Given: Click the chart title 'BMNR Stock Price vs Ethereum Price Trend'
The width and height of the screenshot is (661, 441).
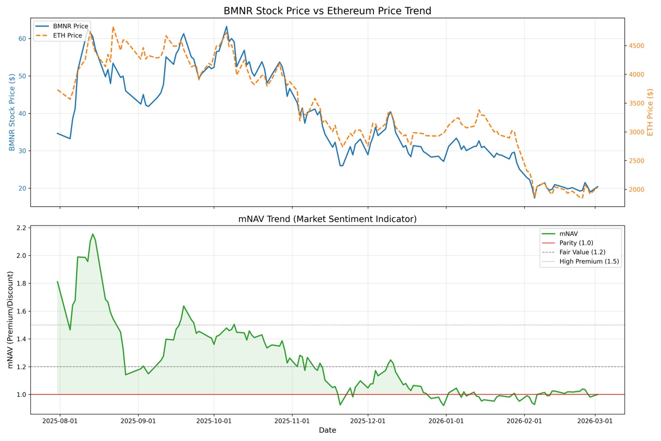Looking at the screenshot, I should coord(327,11).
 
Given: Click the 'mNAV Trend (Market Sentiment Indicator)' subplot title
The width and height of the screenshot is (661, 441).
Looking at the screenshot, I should coord(327,219).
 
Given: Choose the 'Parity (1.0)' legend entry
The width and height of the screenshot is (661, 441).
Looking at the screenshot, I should coord(576,243).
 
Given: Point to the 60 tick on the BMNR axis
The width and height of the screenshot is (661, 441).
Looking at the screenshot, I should coord(22,39).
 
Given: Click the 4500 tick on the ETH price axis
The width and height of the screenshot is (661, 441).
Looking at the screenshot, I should coord(637,46).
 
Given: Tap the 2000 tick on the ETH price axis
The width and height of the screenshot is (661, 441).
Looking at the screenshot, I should coord(637,190).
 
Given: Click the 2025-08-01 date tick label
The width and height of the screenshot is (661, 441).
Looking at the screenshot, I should coord(60,421).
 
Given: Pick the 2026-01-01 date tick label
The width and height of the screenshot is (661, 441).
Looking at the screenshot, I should coord(446,421).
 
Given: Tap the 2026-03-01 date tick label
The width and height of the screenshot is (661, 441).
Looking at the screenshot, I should coord(595,421).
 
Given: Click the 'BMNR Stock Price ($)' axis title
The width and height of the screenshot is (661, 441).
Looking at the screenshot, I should coord(12,112).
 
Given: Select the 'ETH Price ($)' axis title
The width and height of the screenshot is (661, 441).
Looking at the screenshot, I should coord(651,112).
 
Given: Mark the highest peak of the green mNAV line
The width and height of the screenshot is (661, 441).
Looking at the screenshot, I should coord(93,234).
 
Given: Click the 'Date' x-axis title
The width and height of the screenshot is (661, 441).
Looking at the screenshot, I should coord(327,431).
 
